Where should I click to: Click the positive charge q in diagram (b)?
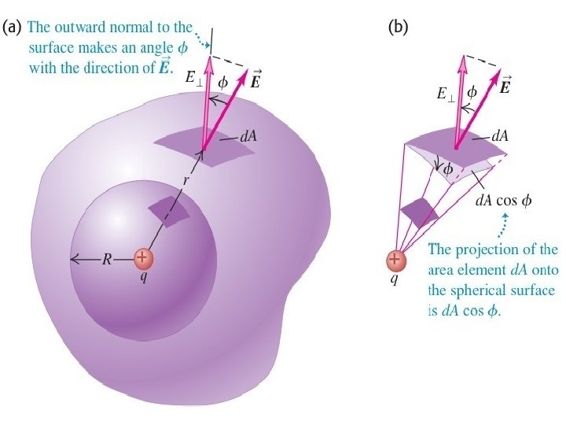pos(396,261)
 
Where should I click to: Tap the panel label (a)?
pos(13,28)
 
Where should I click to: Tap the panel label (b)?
pos(399,28)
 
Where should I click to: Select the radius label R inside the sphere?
pos(107,259)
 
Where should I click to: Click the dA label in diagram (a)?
pos(248,136)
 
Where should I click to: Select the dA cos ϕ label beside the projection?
pos(504,200)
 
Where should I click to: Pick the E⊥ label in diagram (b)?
pos(445,93)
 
